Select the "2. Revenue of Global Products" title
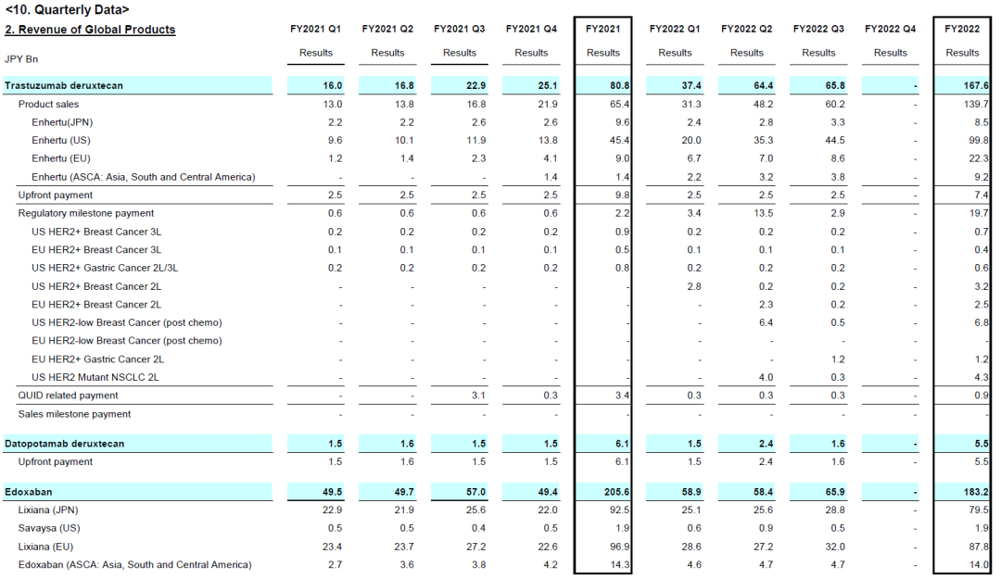click(x=90, y=30)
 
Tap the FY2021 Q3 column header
click(x=459, y=30)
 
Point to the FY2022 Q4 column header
click(x=890, y=30)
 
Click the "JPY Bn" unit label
click(x=21, y=59)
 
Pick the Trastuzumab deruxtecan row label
click(x=64, y=85)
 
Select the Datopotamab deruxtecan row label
click(x=64, y=444)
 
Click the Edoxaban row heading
click(x=30, y=492)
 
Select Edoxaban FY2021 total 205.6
click(x=615, y=492)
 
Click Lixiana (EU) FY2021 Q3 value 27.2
click(x=473, y=547)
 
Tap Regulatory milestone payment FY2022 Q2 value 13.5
click(x=759, y=213)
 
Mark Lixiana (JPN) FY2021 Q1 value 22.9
click(x=329, y=510)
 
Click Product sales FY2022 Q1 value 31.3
click(x=688, y=104)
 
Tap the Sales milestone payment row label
click(x=74, y=414)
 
